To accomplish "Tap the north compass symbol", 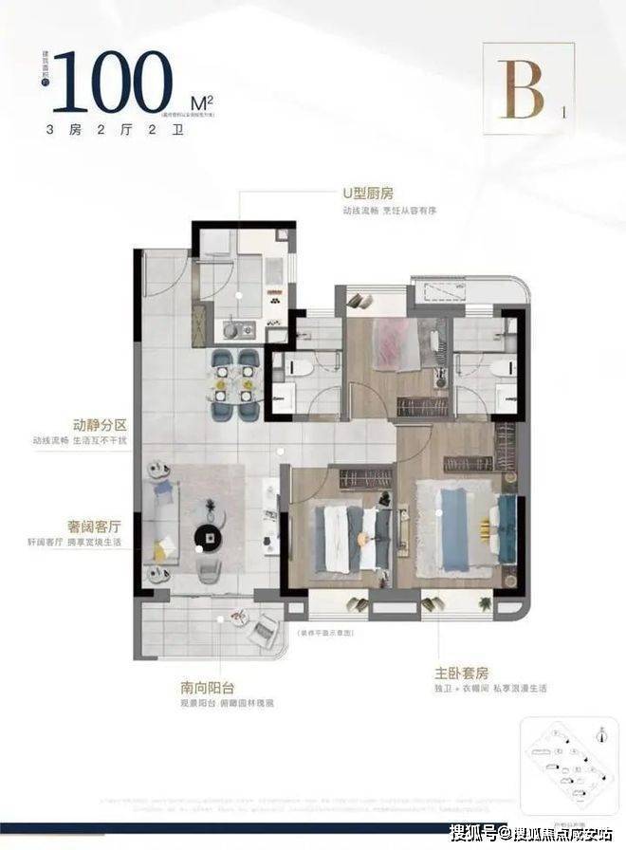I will [x=601, y=731].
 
